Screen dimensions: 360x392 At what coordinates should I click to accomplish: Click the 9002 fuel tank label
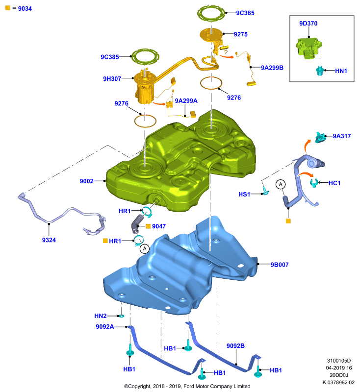(86, 181)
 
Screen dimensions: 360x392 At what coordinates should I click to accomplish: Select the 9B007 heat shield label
(280, 265)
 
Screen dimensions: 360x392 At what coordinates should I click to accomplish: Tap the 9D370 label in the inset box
(308, 24)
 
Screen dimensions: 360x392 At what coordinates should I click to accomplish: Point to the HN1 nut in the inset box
(320, 71)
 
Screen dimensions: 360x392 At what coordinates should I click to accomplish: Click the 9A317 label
(342, 136)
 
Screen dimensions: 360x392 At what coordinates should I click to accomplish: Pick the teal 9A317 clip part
(320, 137)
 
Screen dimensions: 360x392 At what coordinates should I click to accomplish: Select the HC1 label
(334, 183)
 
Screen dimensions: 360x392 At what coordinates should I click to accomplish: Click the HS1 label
(244, 194)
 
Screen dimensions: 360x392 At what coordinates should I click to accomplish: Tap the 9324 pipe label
(49, 240)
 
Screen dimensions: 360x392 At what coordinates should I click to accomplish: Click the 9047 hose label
(159, 226)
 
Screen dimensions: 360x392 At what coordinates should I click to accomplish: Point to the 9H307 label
(112, 79)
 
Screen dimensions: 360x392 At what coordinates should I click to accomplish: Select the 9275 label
(241, 34)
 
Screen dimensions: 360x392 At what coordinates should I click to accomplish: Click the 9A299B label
(272, 68)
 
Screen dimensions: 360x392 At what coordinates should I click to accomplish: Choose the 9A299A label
(186, 101)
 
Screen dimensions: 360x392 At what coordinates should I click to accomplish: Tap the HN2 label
(101, 316)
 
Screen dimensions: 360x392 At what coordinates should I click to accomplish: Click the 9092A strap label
(105, 327)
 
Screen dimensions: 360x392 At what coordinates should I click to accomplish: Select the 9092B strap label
(235, 346)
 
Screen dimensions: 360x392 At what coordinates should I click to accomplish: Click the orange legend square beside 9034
(8, 8)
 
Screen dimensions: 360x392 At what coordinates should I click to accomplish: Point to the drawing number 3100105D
(339, 361)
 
